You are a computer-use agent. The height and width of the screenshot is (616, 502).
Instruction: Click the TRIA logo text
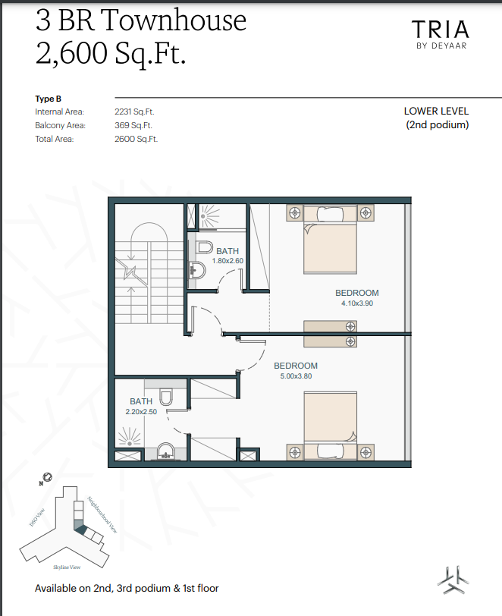(x=441, y=29)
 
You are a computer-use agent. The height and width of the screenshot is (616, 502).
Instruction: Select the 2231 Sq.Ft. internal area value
(x=134, y=112)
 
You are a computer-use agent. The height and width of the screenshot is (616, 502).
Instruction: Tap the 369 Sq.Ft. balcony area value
(x=133, y=125)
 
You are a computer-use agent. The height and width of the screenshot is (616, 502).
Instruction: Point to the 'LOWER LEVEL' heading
(x=436, y=112)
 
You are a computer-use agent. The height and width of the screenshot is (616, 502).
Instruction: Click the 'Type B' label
(x=48, y=99)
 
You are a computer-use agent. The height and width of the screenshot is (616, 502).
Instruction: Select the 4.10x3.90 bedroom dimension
(x=357, y=303)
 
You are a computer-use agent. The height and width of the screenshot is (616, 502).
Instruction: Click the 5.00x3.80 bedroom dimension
(x=296, y=376)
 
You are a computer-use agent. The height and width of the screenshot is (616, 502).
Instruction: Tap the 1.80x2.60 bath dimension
(x=227, y=261)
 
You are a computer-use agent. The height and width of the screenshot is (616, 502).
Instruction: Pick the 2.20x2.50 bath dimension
(x=141, y=412)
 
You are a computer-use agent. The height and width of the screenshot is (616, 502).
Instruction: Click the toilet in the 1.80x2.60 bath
(x=204, y=247)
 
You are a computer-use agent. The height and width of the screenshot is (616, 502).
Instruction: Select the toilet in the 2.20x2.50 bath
(x=166, y=398)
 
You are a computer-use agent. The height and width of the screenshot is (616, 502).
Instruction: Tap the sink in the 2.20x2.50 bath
(x=166, y=451)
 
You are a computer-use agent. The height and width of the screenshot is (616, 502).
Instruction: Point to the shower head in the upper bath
(x=209, y=215)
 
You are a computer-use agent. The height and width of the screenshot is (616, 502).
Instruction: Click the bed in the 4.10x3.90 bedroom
(x=330, y=239)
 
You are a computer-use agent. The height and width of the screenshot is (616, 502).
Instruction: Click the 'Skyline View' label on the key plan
(x=67, y=567)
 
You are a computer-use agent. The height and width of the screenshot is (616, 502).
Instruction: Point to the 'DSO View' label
(x=37, y=517)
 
